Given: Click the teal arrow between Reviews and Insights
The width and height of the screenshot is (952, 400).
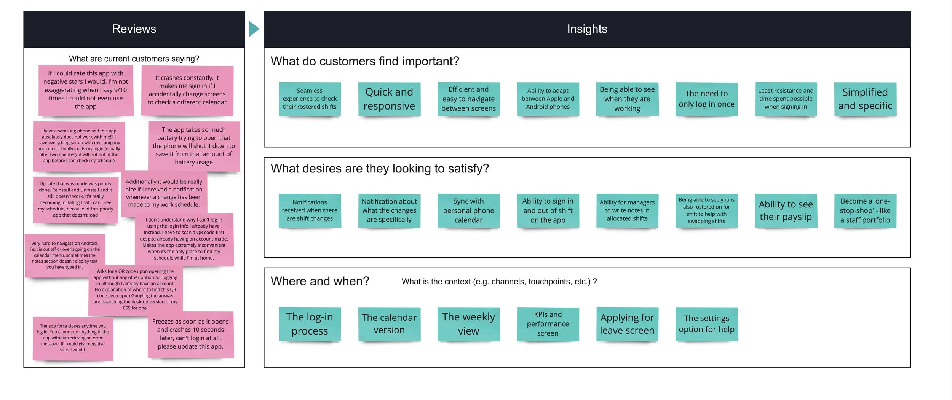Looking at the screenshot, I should [254, 29].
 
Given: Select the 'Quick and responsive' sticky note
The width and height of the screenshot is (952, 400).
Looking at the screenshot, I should [389, 99].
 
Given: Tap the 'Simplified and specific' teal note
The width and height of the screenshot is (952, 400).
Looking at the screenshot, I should [865, 99].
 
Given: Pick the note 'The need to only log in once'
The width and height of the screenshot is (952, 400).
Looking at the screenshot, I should [706, 99].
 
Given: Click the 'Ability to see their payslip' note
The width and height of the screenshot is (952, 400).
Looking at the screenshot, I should [786, 210].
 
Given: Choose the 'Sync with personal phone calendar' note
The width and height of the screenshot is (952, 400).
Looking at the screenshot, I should [468, 210].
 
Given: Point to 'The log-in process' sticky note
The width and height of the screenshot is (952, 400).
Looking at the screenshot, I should [310, 324].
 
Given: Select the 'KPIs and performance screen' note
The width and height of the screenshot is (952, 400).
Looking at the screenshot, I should [548, 324].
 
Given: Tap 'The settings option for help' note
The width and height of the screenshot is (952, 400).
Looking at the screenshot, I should [706, 324].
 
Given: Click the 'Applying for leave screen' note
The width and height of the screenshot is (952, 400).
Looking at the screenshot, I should [627, 324].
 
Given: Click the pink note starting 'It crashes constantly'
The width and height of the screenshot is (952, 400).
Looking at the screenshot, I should [187, 90].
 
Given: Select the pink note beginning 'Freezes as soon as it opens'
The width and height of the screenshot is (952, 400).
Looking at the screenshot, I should [190, 334].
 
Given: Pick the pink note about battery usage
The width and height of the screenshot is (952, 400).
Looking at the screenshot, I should [194, 146].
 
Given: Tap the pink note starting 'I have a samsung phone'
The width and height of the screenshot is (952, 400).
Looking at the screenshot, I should [79, 146].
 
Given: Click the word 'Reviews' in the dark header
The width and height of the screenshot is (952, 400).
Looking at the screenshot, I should [134, 29].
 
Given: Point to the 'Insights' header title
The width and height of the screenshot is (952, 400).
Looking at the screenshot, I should [587, 29].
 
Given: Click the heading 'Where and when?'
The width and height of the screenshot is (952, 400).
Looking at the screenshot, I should [320, 281].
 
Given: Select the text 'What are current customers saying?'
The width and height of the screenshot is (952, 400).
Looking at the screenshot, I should [134, 59].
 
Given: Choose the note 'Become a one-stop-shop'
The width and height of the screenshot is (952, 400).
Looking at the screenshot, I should [865, 210].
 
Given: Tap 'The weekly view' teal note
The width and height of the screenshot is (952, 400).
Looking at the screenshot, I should [468, 324].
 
